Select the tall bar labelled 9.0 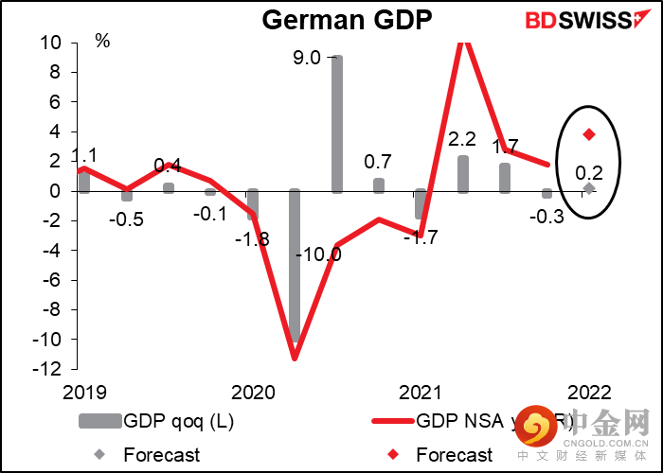pyautogui.click(x=337, y=123)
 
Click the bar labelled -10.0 pyautogui.click(x=295, y=265)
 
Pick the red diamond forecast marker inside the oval pyautogui.click(x=589, y=134)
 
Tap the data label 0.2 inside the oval pyautogui.click(x=589, y=171)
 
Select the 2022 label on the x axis pyautogui.click(x=589, y=392)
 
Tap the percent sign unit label pyautogui.click(x=102, y=42)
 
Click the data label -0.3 pyautogui.click(x=547, y=217)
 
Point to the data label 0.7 pyautogui.click(x=379, y=163)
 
